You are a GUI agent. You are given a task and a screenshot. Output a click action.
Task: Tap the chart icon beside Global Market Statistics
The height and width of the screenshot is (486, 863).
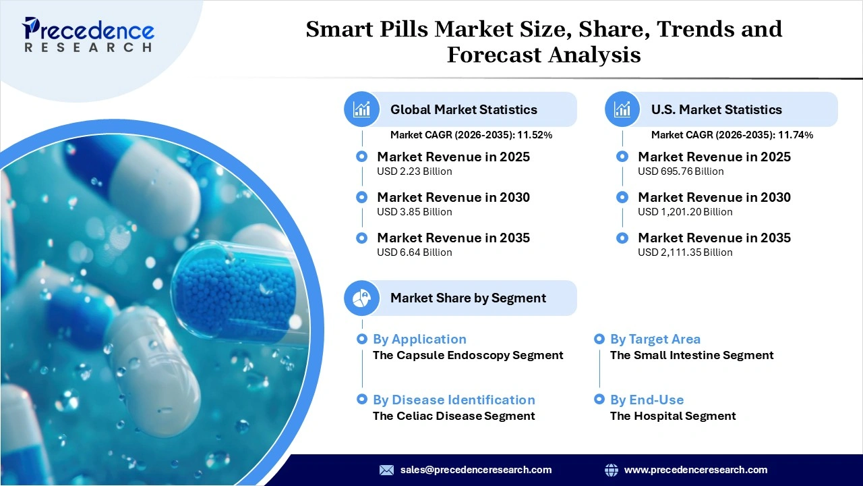pyautogui.click(x=362, y=109)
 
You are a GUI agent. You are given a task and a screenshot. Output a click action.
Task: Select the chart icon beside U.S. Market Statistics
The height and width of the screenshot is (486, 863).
pyautogui.click(x=623, y=109)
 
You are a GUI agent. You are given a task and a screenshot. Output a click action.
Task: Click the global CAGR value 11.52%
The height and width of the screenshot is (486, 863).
pyautogui.click(x=535, y=135)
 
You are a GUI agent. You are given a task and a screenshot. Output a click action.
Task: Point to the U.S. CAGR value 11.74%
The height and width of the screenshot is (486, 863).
pyautogui.click(x=796, y=135)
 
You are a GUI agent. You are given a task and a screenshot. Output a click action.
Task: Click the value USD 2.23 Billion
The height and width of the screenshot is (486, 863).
pyautogui.click(x=414, y=171)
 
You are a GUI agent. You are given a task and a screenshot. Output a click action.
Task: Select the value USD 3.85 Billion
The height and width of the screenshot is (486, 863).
pyautogui.click(x=414, y=212)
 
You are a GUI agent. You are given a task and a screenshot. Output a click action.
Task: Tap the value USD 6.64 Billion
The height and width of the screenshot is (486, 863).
pyautogui.click(x=414, y=252)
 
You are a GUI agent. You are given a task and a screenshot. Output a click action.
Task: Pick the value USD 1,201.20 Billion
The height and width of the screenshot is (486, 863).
pyautogui.click(x=684, y=212)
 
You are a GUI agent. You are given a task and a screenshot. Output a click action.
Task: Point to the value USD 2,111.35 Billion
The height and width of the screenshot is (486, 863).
pyautogui.click(x=684, y=252)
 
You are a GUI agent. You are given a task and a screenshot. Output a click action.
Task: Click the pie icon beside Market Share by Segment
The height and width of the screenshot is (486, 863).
pyautogui.click(x=362, y=298)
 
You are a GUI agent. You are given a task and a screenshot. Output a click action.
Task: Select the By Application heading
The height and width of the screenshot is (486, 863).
pyautogui.click(x=419, y=340)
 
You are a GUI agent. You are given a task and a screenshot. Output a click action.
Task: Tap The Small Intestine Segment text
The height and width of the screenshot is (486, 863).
pyautogui.click(x=692, y=355)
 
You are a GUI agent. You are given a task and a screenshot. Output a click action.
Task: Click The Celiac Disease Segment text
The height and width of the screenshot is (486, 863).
pyautogui.click(x=454, y=416)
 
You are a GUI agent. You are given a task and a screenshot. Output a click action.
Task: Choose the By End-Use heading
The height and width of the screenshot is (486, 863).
pyautogui.click(x=647, y=400)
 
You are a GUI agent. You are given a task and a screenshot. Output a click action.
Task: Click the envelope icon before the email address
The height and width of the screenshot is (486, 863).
pyautogui.click(x=386, y=470)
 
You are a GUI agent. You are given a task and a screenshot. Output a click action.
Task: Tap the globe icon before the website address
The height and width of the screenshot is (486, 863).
pyautogui.click(x=612, y=470)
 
